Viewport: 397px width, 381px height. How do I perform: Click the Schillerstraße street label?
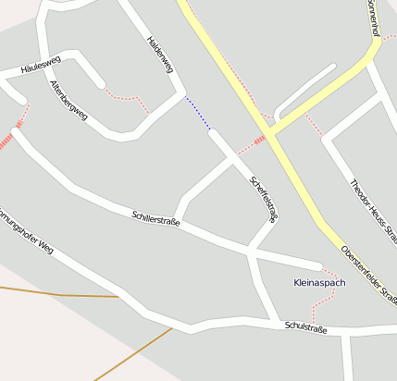(155, 219)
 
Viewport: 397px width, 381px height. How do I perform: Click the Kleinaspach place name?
(318, 282)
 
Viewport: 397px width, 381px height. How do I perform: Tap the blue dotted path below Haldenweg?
(197, 112)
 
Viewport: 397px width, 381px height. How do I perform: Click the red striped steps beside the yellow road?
(260, 140)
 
